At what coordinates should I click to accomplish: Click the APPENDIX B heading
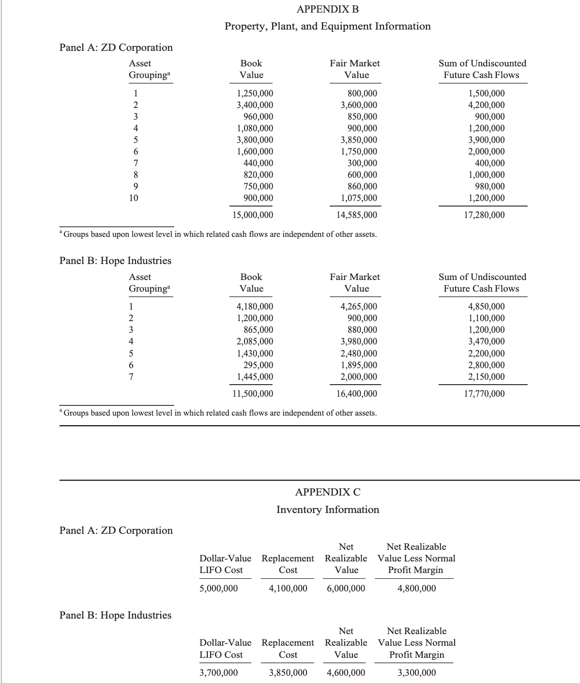click(328, 9)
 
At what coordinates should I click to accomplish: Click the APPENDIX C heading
click(328, 492)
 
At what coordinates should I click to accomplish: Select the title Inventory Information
click(328, 510)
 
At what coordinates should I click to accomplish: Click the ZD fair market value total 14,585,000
click(356, 215)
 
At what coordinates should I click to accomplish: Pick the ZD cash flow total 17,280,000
click(484, 215)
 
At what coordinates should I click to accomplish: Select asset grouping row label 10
click(134, 198)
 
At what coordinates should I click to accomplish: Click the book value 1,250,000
click(254, 93)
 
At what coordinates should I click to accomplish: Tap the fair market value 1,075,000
click(359, 198)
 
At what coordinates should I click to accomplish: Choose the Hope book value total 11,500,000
click(252, 394)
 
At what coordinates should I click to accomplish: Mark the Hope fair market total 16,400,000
click(356, 394)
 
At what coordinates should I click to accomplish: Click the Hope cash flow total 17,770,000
click(484, 394)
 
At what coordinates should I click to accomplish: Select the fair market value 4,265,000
click(359, 307)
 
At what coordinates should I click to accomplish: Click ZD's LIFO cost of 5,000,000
click(219, 589)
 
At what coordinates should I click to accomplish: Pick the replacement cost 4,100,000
click(288, 589)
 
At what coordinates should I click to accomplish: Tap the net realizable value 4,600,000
click(346, 673)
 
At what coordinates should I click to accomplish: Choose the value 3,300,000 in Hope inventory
click(416, 673)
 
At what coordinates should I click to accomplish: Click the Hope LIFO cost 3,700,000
click(219, 673)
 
